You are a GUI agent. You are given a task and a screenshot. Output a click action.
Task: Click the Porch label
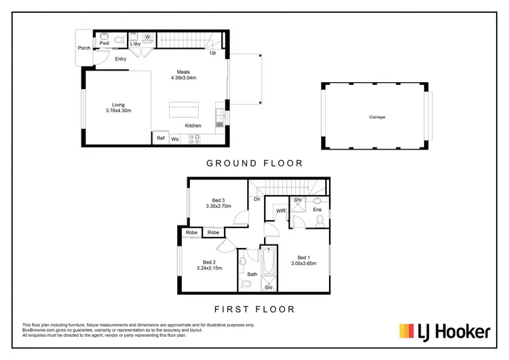tap(84, 48)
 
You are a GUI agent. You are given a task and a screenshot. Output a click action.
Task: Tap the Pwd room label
tap(104, 43)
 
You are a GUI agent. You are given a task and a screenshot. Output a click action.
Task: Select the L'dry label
tap(135, 43)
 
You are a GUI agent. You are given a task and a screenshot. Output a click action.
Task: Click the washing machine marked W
tap(147, 37)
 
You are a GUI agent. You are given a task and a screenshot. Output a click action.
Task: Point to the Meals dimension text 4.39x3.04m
tap(183, 78)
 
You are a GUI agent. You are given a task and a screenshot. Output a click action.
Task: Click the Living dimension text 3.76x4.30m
tap(118, 111)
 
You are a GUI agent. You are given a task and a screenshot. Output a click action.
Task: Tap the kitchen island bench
tap(185, 109)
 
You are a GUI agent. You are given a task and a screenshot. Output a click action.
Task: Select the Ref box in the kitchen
tap(161, 138)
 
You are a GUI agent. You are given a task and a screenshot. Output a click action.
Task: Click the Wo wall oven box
tap(174, 139)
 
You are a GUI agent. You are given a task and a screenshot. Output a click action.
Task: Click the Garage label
tap(377, 117)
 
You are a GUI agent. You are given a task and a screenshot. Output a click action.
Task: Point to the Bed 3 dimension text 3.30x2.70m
tap(219, 206)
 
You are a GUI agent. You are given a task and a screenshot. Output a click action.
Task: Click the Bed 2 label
tap(209, 262)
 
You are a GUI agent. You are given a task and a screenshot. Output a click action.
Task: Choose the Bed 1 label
tap(304, 257)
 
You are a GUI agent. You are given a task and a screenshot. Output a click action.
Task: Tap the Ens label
tap(317, 210)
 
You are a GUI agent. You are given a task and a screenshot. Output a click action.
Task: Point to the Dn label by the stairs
tap(257, 199)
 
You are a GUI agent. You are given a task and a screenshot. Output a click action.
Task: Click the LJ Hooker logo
tap(445, 331)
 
